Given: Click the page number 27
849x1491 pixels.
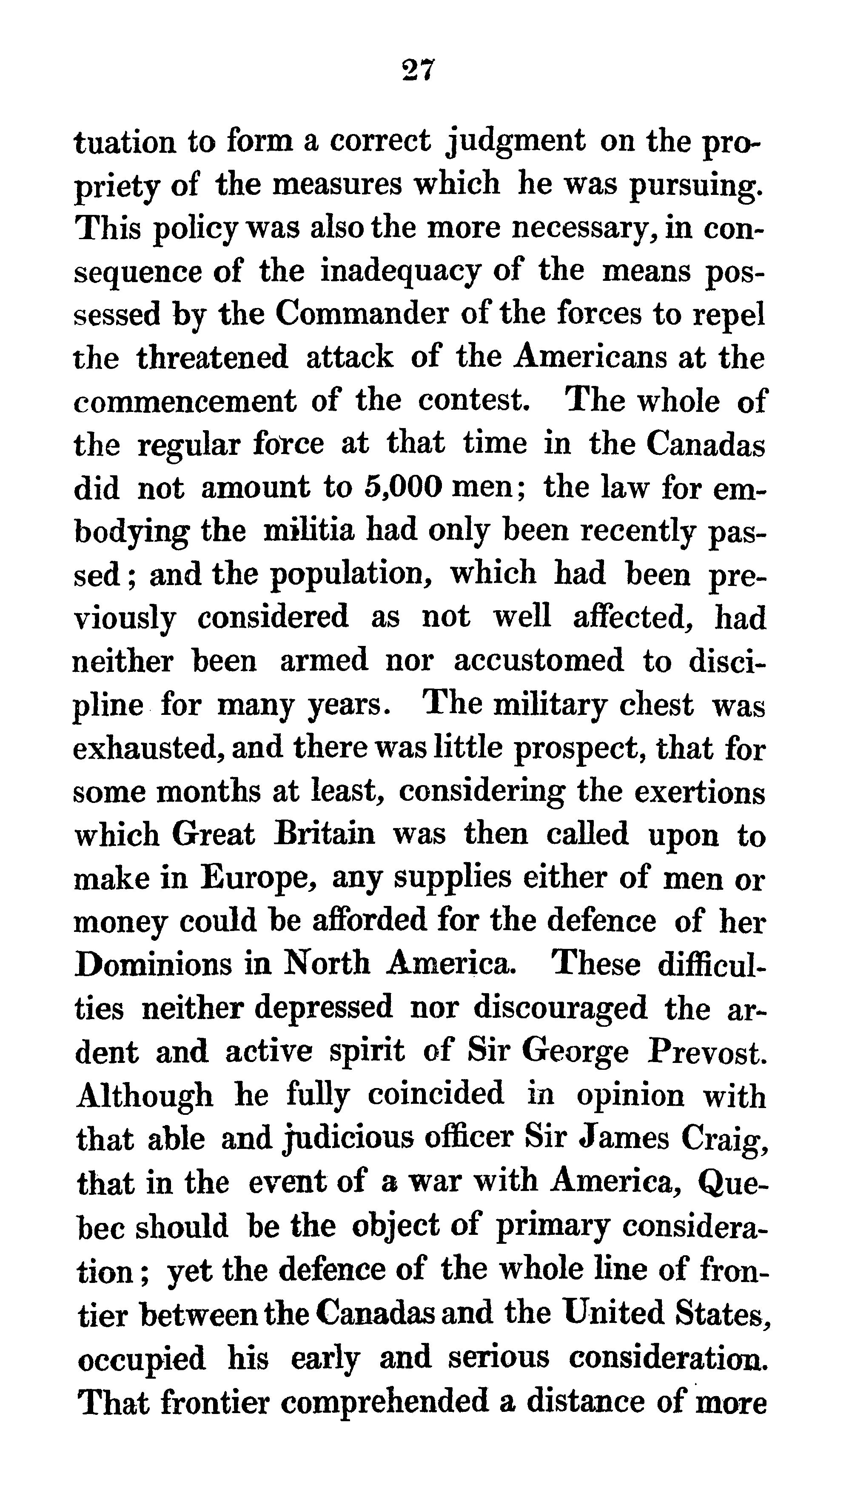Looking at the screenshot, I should click(x=418, y=70).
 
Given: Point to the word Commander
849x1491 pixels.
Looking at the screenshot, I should click(x=362, y=315).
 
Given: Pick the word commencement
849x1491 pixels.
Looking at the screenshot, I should click(x=185, y=401).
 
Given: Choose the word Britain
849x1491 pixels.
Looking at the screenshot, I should click(x=324, y=834).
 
